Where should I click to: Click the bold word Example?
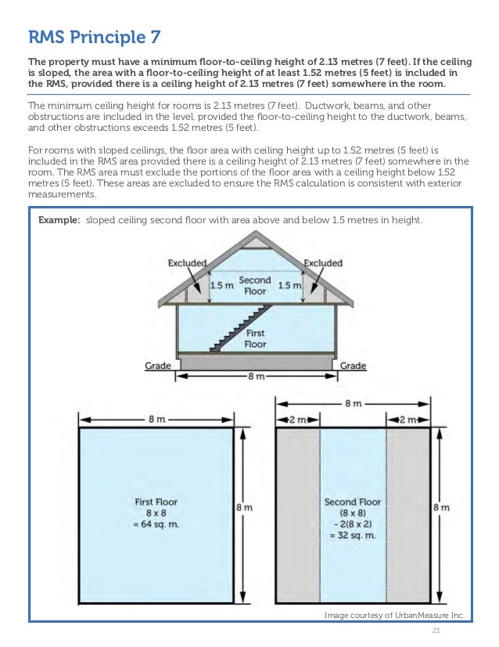[x=59, y=221]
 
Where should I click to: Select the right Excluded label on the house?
[x=322, y=263]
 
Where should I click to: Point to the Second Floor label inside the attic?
[x=255, y=285]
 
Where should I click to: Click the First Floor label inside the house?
[x=255, y=338]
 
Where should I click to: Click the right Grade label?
[x=353, y=366]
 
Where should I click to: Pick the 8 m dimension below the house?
[x=256, y=377]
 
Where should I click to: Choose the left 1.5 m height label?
[x=221, y=286]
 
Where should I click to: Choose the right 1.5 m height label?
[x=291, y=286]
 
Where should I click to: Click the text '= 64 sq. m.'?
[x=156, y=523]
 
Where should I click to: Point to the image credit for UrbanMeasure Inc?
[x=394, y=616]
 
